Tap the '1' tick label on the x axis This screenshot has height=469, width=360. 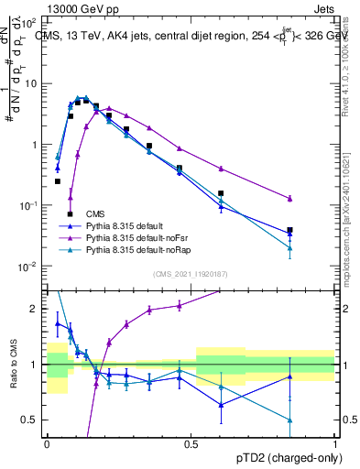point(334,442)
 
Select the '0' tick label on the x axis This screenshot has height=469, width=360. point(47,442)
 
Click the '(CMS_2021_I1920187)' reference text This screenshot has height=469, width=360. point(191,274)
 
